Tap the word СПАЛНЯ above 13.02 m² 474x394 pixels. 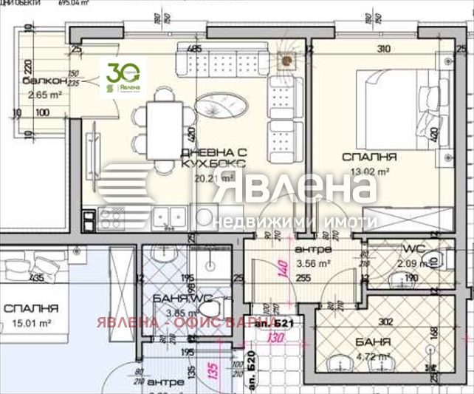pyautogui.click(x=369, y=157)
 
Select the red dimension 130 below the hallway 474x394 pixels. pyautogui.click(x=277, y=338)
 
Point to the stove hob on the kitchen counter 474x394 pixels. pyautogui.click(x=111, y=217)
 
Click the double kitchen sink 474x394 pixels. pyautogui.click(x=168, y=216)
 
